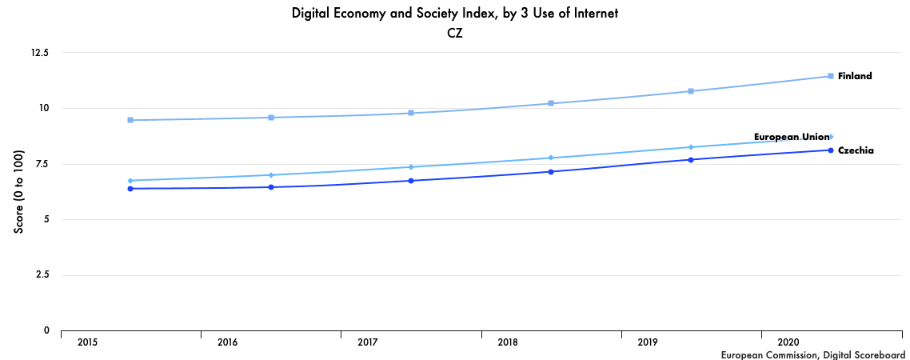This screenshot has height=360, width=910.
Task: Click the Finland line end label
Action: (854, 76)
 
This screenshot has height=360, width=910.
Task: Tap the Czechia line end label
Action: (855, 150)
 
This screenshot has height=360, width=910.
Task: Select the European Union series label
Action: (792, 137)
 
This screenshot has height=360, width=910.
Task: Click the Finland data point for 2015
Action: (130, 120)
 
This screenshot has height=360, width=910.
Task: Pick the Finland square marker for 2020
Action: (831, 76)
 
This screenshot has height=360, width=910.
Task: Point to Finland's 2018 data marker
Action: (551, 103)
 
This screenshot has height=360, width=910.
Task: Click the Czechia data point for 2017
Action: (411, 181)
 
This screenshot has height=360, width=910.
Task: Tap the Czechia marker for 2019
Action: (691, 160)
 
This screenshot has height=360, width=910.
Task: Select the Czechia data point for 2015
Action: (130, 189)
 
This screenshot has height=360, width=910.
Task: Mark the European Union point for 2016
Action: (271, 175)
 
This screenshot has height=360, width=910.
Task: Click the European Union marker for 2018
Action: (551, 158)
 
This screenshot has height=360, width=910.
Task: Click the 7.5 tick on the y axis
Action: (42, 164)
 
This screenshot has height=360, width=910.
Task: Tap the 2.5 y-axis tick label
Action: (42, 274)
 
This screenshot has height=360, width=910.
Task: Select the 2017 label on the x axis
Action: (368, 342)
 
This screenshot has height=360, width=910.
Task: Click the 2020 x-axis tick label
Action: (788, 342)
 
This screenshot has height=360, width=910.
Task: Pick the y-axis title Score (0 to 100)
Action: (18, 191)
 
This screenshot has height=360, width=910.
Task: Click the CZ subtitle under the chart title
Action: (455, 34)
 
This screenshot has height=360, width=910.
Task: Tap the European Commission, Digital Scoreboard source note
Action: (812, 354)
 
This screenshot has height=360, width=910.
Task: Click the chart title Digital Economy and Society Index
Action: (455, 14)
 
